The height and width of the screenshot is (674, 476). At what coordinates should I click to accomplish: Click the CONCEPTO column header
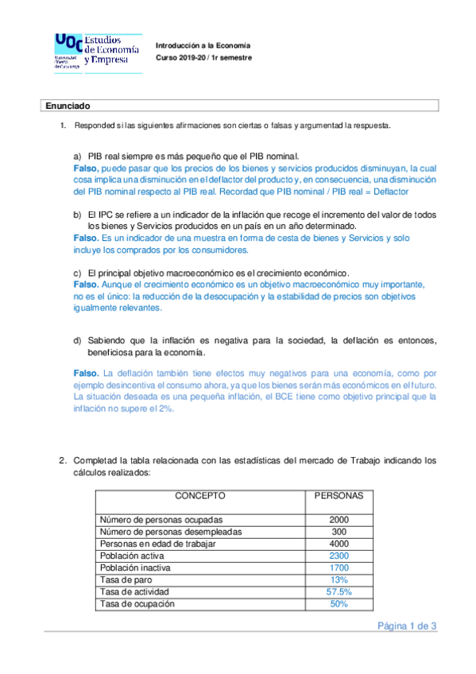[x=200, y=495]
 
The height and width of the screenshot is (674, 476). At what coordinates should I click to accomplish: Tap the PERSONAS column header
[x=339, y=495]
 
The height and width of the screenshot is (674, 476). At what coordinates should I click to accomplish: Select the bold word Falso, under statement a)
[x=86, y=168]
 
